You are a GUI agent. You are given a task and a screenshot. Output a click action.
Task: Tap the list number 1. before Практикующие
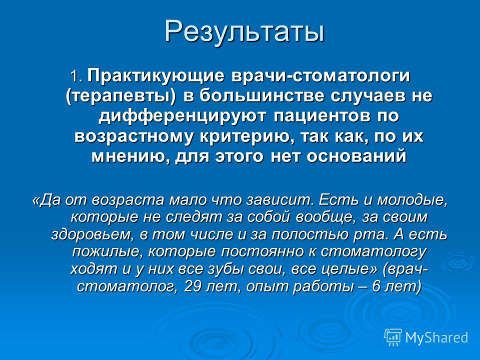(x=77, y=76)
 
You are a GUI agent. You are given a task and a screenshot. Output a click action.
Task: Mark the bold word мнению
(x=131, y=156)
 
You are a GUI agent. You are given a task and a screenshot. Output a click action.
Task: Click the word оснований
(x=356, y=156)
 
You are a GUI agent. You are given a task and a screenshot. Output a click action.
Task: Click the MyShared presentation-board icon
(x=393, y=337)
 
